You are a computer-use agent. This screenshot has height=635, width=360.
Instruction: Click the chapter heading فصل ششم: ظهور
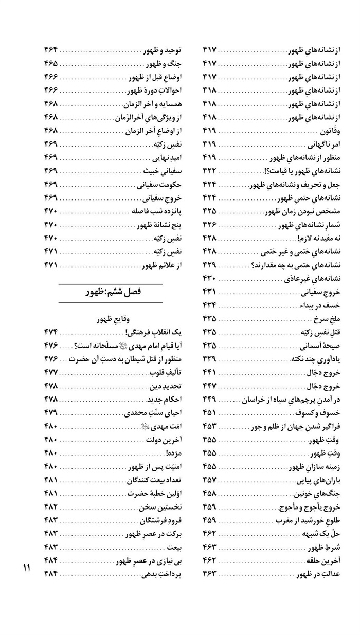pyautogui.click(x=111, y=292)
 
